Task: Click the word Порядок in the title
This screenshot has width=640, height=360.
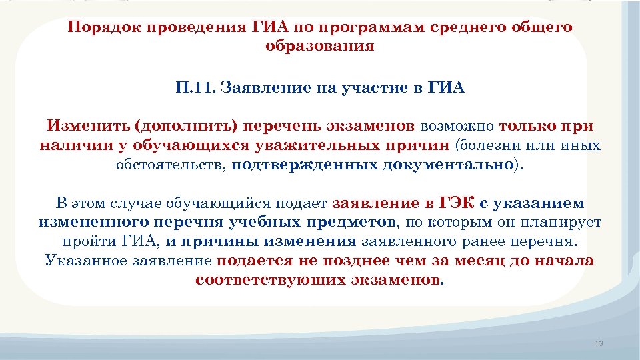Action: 102,29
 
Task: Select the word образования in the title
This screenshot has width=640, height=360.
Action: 320,47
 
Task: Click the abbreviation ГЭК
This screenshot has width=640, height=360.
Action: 459,203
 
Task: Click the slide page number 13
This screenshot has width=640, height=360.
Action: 598,343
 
